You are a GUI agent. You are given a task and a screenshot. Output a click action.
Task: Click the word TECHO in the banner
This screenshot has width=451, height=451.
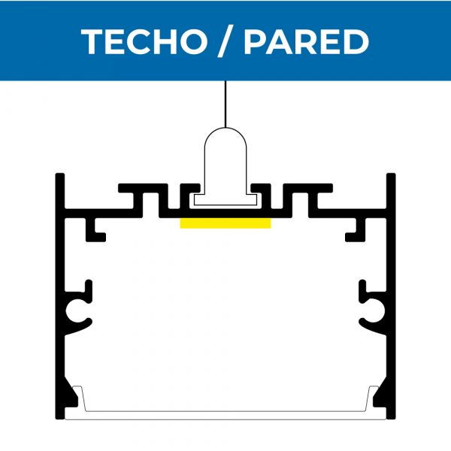pyautogui.click(x=144, y=41)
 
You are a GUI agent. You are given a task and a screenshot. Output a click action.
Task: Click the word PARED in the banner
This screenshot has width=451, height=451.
pyautogui.click(x=307, y=41)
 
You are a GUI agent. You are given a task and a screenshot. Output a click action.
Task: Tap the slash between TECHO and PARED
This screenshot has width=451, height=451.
pyautogui.click(x=225, y=41)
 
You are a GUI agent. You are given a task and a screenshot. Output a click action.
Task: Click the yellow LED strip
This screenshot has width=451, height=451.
pyautogui.click(x=225, y=223)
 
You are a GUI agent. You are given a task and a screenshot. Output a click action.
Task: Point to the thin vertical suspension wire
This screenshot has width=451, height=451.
pyautogui.click(x=225, y=104)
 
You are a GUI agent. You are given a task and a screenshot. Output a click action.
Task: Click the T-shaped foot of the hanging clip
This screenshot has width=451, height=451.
pyautogui.click(x=225, y=200)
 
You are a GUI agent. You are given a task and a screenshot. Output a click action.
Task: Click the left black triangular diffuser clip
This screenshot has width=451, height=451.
pyautogui.click(x=71, y=392)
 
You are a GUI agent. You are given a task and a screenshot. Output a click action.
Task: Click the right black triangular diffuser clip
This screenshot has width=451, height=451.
pyautogui.click(x=380, y=392)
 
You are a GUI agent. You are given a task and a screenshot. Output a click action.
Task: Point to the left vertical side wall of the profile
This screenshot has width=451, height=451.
pyautogui.click(x=60, y=296)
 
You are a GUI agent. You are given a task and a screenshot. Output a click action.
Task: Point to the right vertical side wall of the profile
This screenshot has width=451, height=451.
pyautogui.click(x=391, y=296)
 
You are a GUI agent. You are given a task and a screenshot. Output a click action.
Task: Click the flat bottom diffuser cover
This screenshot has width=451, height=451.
pyautogui.click(x=225, y=416)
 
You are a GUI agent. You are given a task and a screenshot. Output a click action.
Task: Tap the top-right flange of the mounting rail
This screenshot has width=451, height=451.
pyautogui.click(x=308, y=188)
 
